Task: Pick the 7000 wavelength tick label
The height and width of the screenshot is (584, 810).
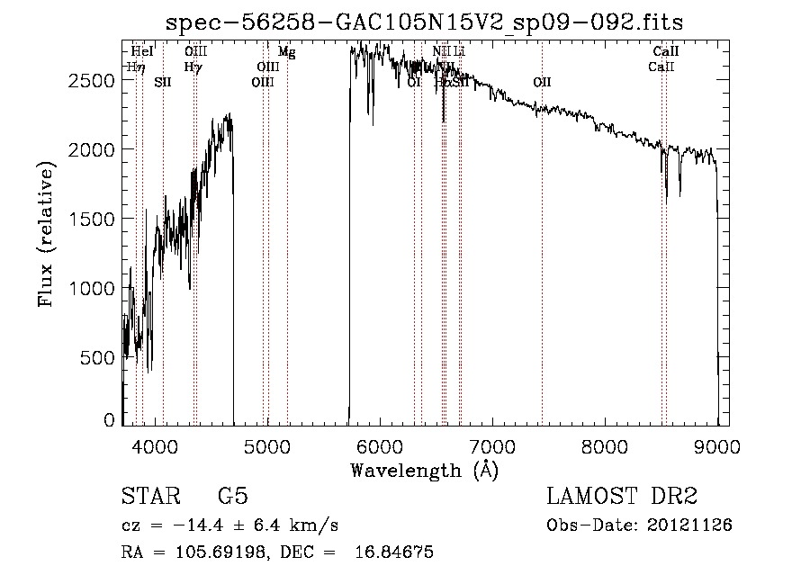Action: coord(492,445)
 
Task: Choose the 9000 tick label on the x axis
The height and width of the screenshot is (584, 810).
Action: coord(717,445)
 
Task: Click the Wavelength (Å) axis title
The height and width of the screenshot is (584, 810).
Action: coord(424,470)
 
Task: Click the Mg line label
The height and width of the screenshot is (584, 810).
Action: coord(286,52)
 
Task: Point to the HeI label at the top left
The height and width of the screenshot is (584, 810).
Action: coord(142,52)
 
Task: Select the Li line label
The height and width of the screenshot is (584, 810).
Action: coord(459,52)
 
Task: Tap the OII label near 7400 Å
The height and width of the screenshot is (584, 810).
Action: coord(542,82)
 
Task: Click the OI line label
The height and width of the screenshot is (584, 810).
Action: coord(414,82)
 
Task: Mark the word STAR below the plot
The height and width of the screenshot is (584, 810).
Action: coord(148,497)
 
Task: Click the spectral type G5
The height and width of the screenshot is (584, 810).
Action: coord(232,497)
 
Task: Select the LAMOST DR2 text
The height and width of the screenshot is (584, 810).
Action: coord(622,497)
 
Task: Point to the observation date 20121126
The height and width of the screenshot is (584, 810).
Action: coord(690,525)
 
